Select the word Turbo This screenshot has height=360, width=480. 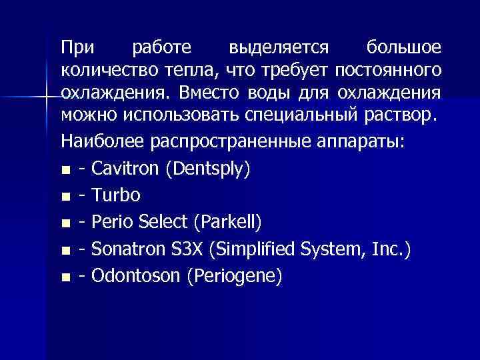117,196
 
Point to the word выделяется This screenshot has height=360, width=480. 278,48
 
